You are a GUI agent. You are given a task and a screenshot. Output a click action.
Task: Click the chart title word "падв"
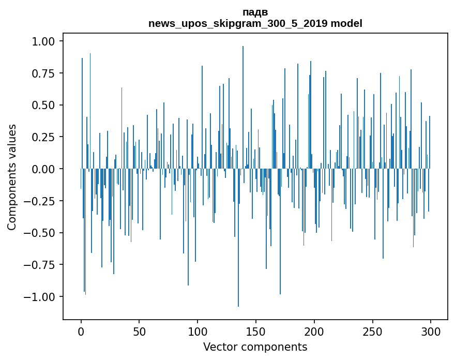click(255, 12)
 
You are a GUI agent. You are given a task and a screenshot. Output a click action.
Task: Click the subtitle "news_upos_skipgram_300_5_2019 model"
click(255, 23)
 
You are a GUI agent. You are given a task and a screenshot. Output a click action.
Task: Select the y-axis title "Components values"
click(12, 177)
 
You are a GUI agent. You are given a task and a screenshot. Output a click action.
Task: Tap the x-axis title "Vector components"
click(255, 347)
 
